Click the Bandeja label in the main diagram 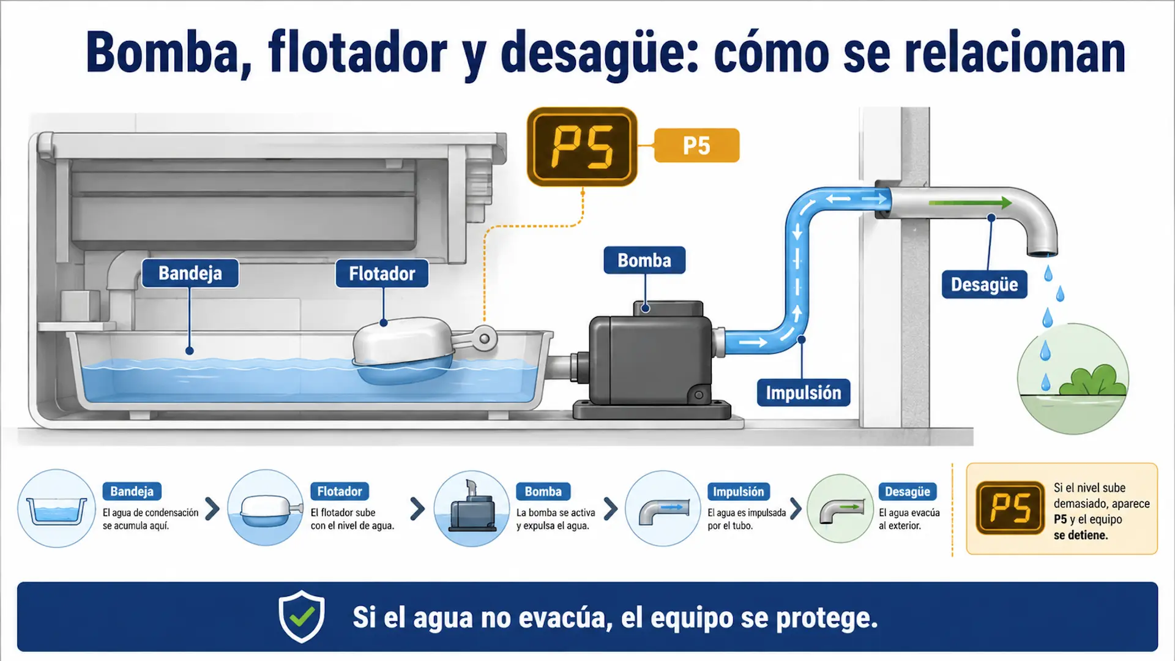(190, 273)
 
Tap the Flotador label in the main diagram (382, 274)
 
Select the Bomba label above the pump (644, 260)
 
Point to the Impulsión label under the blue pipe (804, 392)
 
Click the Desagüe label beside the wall (984, 285)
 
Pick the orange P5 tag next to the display (696, 146)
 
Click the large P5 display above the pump (582, 147)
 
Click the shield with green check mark (302, 616)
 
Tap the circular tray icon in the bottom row (56, 509)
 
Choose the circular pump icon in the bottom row (472, 509)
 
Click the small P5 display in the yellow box (1010, 508)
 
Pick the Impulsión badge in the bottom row (739, 491)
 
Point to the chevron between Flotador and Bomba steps (417, 509)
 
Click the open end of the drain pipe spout (1042, 253)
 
